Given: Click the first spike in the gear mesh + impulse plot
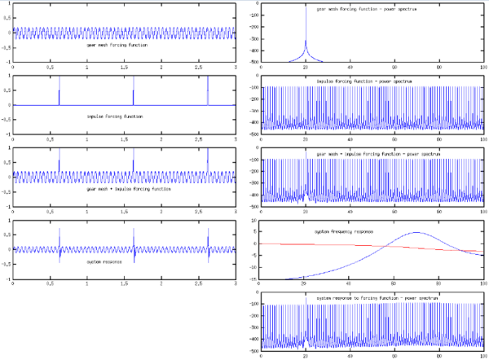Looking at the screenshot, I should (59, 162).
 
